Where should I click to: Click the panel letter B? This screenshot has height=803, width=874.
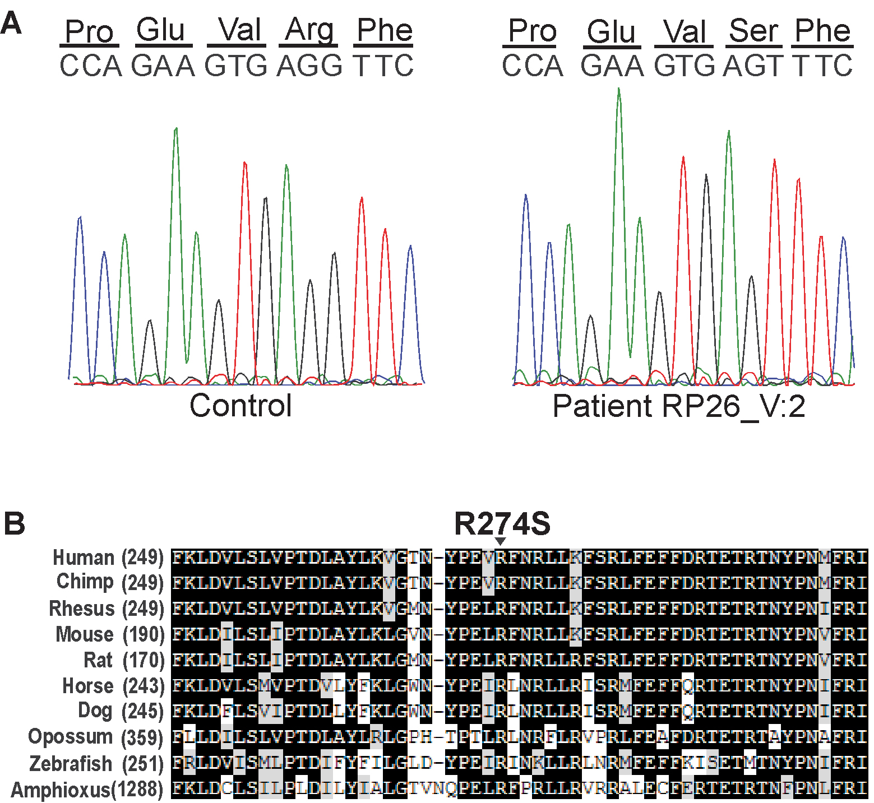coord(14,523)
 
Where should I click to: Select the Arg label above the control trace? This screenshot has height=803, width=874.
coord(309,30)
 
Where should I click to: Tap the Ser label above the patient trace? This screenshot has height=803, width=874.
coord(754,31)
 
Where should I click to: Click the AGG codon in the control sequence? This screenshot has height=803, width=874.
coord(309,66)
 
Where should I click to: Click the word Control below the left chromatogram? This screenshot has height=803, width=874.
coord(241,406)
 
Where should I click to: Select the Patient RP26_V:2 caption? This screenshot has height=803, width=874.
coord(678,406)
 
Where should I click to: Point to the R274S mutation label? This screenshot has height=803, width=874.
coord(502,523)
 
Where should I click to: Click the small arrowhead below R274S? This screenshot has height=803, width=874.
coord(501,541)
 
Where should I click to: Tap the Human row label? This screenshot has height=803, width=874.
coord(83,558)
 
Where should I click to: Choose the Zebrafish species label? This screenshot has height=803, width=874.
coord(71,763)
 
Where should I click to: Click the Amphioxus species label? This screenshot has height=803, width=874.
coord(61,790)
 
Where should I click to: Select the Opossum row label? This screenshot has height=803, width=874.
coord(70,736)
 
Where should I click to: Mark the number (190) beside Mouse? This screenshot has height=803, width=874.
coord(143,634)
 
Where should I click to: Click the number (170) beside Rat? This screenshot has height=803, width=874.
coord(143,660)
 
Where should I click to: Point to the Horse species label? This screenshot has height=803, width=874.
coord(87,686)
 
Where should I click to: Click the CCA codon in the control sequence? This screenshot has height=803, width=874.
coord(91,66)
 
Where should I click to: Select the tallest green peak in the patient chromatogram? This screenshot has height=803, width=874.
coord(618,90)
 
